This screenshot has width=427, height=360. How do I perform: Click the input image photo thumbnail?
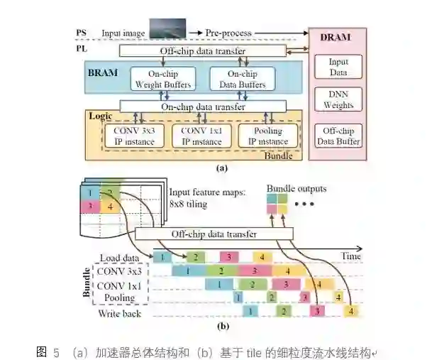tap(167, 29)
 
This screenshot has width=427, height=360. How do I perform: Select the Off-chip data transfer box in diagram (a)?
tap(202, 51)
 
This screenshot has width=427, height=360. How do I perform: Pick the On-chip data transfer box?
tap(202, 107)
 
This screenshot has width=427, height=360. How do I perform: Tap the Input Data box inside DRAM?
tap(338, 67)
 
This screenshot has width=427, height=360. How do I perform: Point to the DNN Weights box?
tap(338, 100)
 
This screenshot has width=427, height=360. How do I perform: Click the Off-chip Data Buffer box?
tap(338, 136)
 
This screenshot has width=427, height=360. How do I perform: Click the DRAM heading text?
tap(338, 37)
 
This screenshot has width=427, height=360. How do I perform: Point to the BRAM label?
tap(102, 72)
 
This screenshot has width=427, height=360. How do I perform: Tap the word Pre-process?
tap(228, 32)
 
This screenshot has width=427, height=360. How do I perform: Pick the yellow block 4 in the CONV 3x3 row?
tap(286, 271)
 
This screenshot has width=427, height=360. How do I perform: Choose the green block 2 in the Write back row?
tap(282, 310)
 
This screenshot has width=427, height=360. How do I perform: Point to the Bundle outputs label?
tap(296, 188)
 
